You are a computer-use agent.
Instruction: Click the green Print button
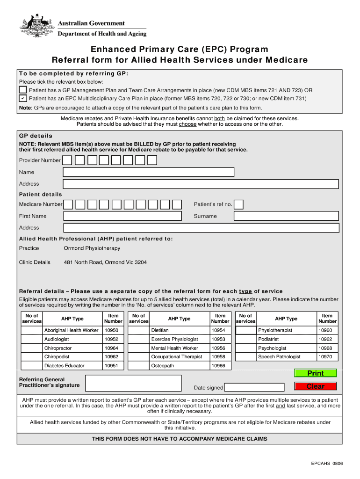point(315,373)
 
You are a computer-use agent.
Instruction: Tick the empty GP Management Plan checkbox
point(23,90)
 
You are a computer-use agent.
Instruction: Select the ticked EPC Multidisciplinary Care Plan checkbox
point(23,98)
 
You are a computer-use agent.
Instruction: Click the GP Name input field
point(148,172)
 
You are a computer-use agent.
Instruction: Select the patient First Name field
point(122,216)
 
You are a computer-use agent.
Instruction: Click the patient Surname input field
point(286,216)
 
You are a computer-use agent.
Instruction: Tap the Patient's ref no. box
point(238,204)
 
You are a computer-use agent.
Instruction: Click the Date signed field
point(254,387)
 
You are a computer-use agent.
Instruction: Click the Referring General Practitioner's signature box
point(134,383)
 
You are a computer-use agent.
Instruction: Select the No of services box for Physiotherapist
point(245,330)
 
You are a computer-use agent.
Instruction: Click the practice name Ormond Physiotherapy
point(92,248)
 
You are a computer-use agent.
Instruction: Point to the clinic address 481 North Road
point(105,262)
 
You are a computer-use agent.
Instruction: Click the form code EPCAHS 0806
point(327,464)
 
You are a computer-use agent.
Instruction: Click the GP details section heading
point(36,136)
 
